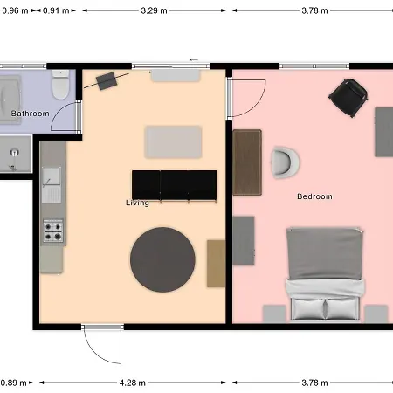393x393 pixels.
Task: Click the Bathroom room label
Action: [x=31, y=114]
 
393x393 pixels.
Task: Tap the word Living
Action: [x=137, y=203]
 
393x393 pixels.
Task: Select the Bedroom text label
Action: [x=314, y=196]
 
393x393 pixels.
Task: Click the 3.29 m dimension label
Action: [x=154, y=10]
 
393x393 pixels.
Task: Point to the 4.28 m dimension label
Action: [x=133, y=383]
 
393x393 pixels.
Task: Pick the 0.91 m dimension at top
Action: [x=56, y=10]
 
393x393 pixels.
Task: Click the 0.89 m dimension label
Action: [x=13, y=383]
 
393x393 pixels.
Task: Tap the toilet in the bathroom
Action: [x=60, y=85]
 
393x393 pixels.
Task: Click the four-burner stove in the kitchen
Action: [x=53, y=231]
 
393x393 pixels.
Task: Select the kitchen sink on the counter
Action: [x=52, y=185]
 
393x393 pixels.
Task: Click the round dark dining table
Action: [x=162, y=259]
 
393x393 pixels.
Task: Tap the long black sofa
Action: [x=174, y=186]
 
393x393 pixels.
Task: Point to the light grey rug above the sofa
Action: [x=173, y=142]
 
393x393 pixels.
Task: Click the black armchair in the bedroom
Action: [x=348, y=97]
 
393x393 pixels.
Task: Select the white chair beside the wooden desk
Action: [x=285, y=162]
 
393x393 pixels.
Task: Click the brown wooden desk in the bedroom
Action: [x=247, y=162]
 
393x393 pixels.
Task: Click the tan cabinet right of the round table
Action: [x=216, y=264]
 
